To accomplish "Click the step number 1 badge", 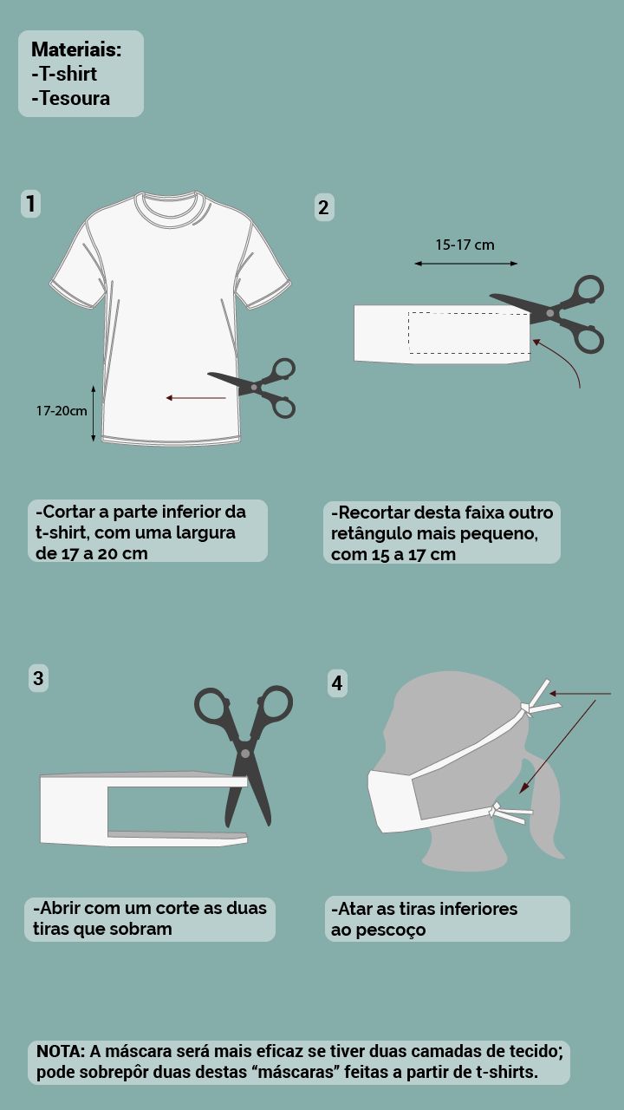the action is click(x=30, y=203).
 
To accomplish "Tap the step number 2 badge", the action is click(x=324, y=207).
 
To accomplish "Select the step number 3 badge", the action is click(x=38, y=678).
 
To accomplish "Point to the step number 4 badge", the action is click(x=337, y=683).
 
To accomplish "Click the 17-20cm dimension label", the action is click(x=62, y=411).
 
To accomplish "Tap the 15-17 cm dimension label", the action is click(x=465, y=245).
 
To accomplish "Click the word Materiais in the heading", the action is click(x=76, y=49).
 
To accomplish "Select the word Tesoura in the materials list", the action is click(x=75, y=98).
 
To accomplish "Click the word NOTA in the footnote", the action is click(x=61, y=1051).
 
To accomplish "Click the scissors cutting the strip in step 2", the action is click(x=550, y=313).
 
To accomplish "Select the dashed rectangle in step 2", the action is click(x=469, y=333).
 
